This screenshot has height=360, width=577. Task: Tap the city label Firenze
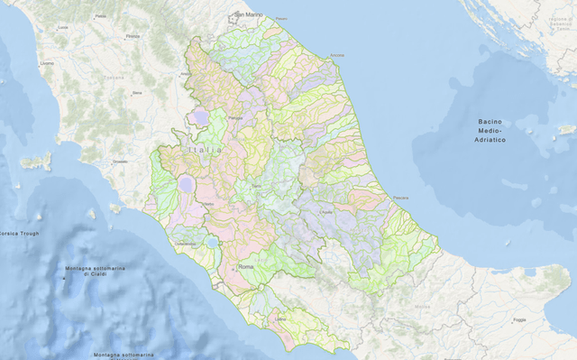click(x=133, y=36)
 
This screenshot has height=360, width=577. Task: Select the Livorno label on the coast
click(x=47, y=62)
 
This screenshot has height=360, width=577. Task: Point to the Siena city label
click(x=137, y=92)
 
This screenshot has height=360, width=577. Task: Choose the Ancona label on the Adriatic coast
click(x=336, y=56)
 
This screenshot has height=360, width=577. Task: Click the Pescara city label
click(x=401, y=198)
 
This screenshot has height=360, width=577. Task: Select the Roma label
click(x=245, y=268)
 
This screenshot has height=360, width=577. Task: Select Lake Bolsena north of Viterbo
click(x=186, y=184)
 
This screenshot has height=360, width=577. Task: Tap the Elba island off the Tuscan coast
click(x=36, y=162)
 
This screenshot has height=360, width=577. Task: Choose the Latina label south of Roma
click(x=280, y=318)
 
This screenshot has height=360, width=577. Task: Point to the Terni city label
click(x=256, y=185)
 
